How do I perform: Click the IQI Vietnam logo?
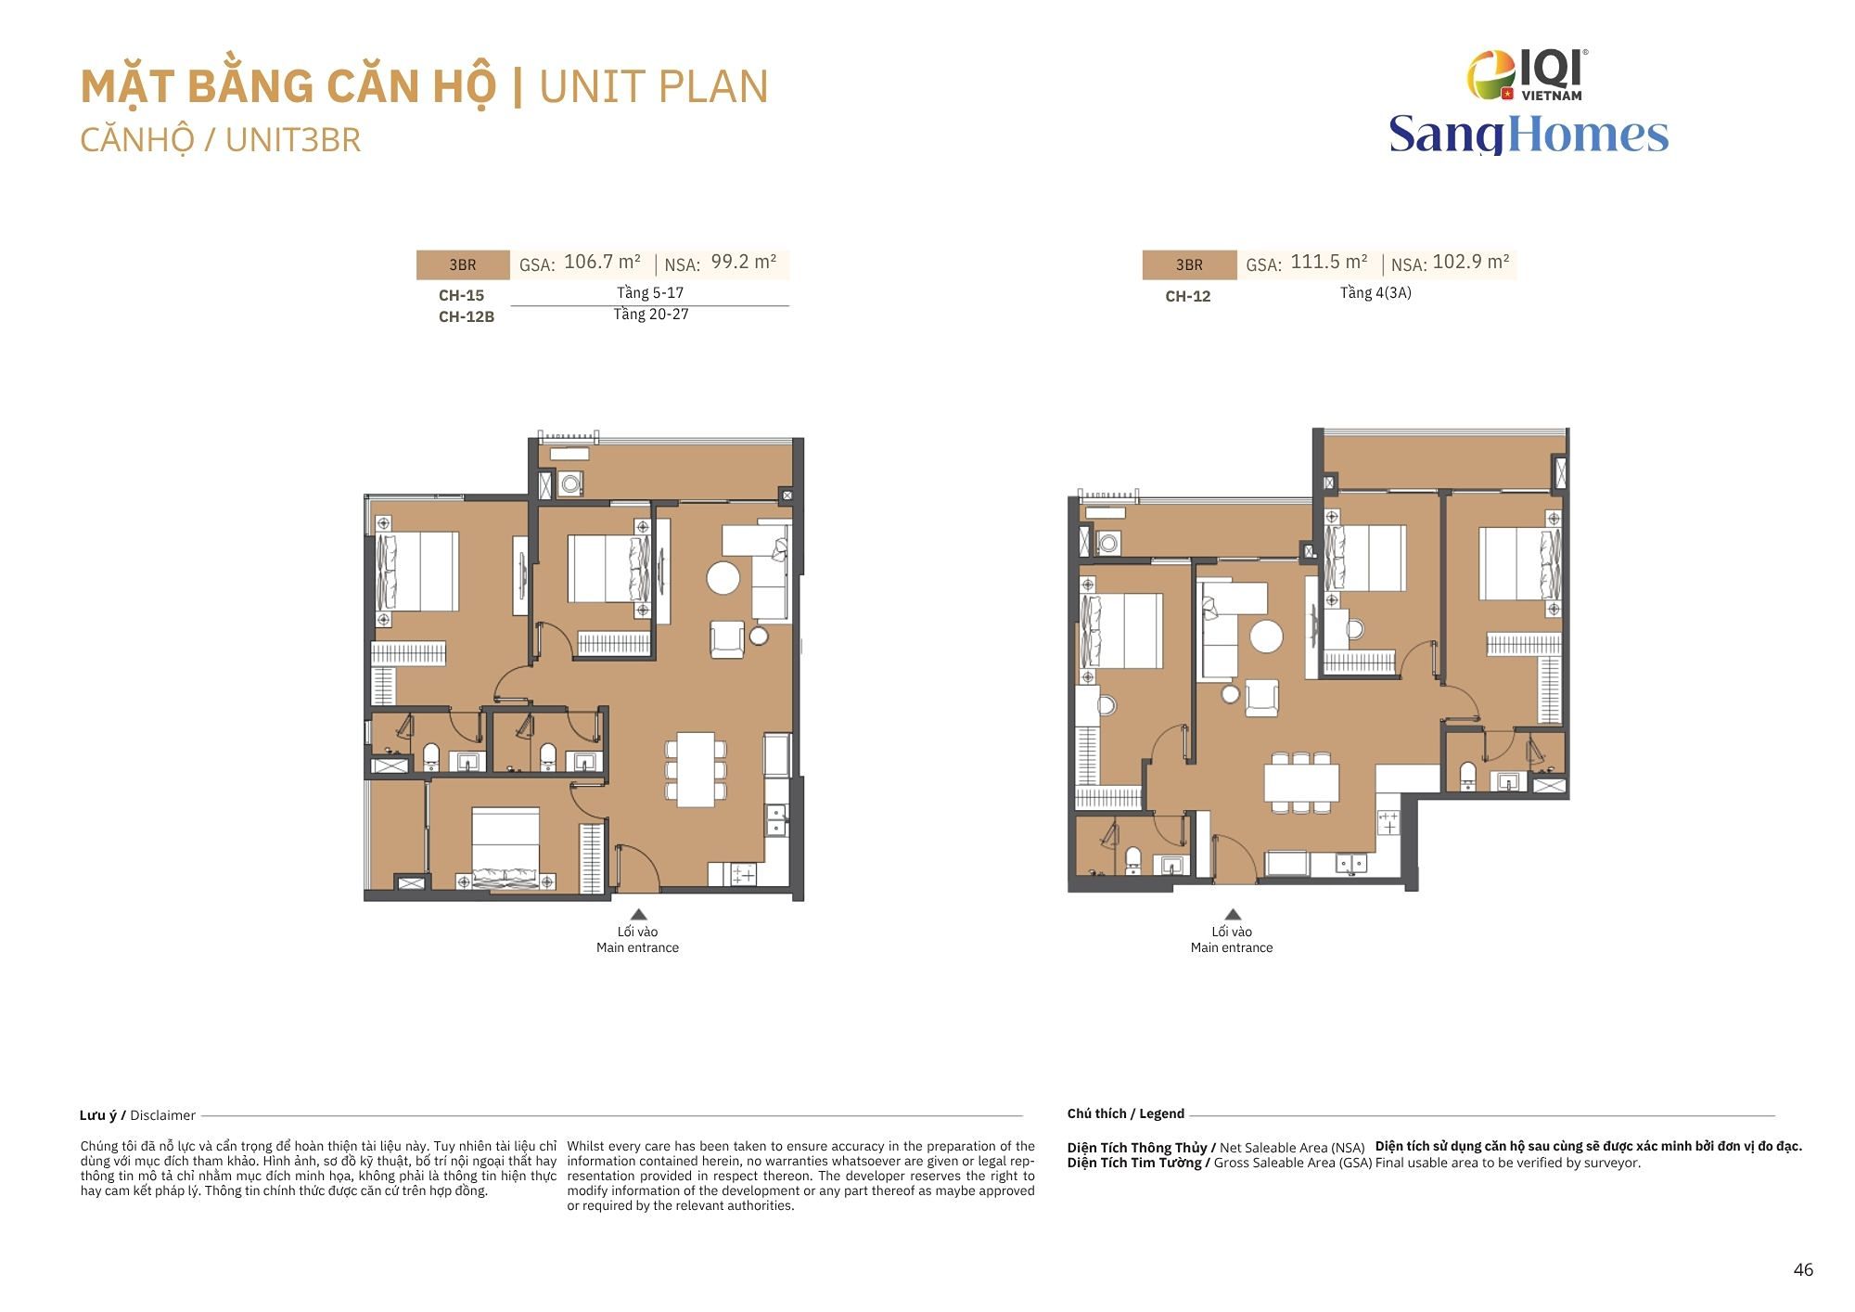(1527, 74)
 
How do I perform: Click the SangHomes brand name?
(1529, 134)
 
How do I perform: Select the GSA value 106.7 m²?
(602, 263)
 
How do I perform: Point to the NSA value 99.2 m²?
(744, 263)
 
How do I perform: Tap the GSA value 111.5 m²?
(1329, 263)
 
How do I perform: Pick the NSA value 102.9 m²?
(1471, 263)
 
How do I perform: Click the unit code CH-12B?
(467, 316)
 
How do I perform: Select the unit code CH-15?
(462, 295)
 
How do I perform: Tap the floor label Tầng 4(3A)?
(1375, 293)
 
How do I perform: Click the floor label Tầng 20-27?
(651, 315)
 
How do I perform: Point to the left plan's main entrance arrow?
(638, 914)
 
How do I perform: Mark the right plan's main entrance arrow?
(1233, 914)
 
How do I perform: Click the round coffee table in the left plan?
(723, 578)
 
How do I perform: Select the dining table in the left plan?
(696, 769)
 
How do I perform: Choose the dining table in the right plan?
(1301, 782)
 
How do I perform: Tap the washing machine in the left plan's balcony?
(570, 483)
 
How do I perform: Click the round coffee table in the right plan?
(1267, 637)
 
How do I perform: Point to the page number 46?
(1803, 1270)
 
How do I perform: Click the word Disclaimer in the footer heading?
(163, 1115)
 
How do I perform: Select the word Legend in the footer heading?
(1162, 1113)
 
